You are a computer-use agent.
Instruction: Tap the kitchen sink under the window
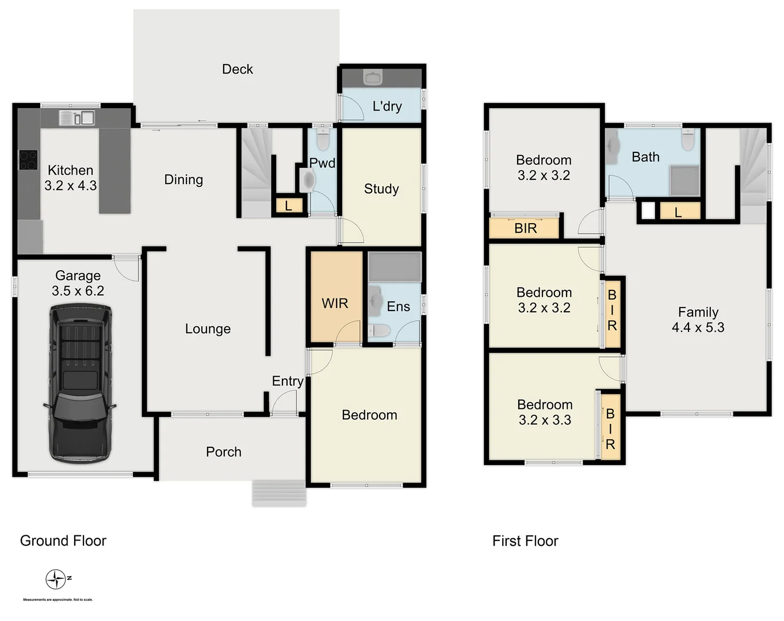point(77,118)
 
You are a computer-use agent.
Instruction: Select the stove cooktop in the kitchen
point(28,160)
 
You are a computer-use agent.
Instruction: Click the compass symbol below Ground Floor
point(56,579)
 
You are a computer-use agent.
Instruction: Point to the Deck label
point(237,69)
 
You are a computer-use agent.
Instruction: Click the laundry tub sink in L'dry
point(373,77)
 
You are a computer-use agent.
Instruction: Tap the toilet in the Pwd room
point(323,140)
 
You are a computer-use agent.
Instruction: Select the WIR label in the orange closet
point(335,303)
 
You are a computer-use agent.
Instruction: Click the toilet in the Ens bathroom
point(378,331)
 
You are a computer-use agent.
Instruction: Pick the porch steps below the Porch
point(279,493)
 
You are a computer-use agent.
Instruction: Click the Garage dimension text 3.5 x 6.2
point(78,291)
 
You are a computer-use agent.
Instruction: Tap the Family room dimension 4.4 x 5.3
point(698,327)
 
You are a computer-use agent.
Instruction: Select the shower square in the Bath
point(684,181)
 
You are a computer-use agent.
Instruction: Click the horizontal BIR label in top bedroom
point(525,228)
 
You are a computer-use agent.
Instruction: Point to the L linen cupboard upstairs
point(678,212)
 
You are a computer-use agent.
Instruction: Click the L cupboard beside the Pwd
point(288,206)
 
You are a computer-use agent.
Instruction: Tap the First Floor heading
point(525,541)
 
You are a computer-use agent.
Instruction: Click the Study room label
point(381,189)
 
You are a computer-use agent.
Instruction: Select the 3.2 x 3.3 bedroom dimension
point(545,420)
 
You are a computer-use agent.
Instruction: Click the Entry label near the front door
point(287,381)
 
